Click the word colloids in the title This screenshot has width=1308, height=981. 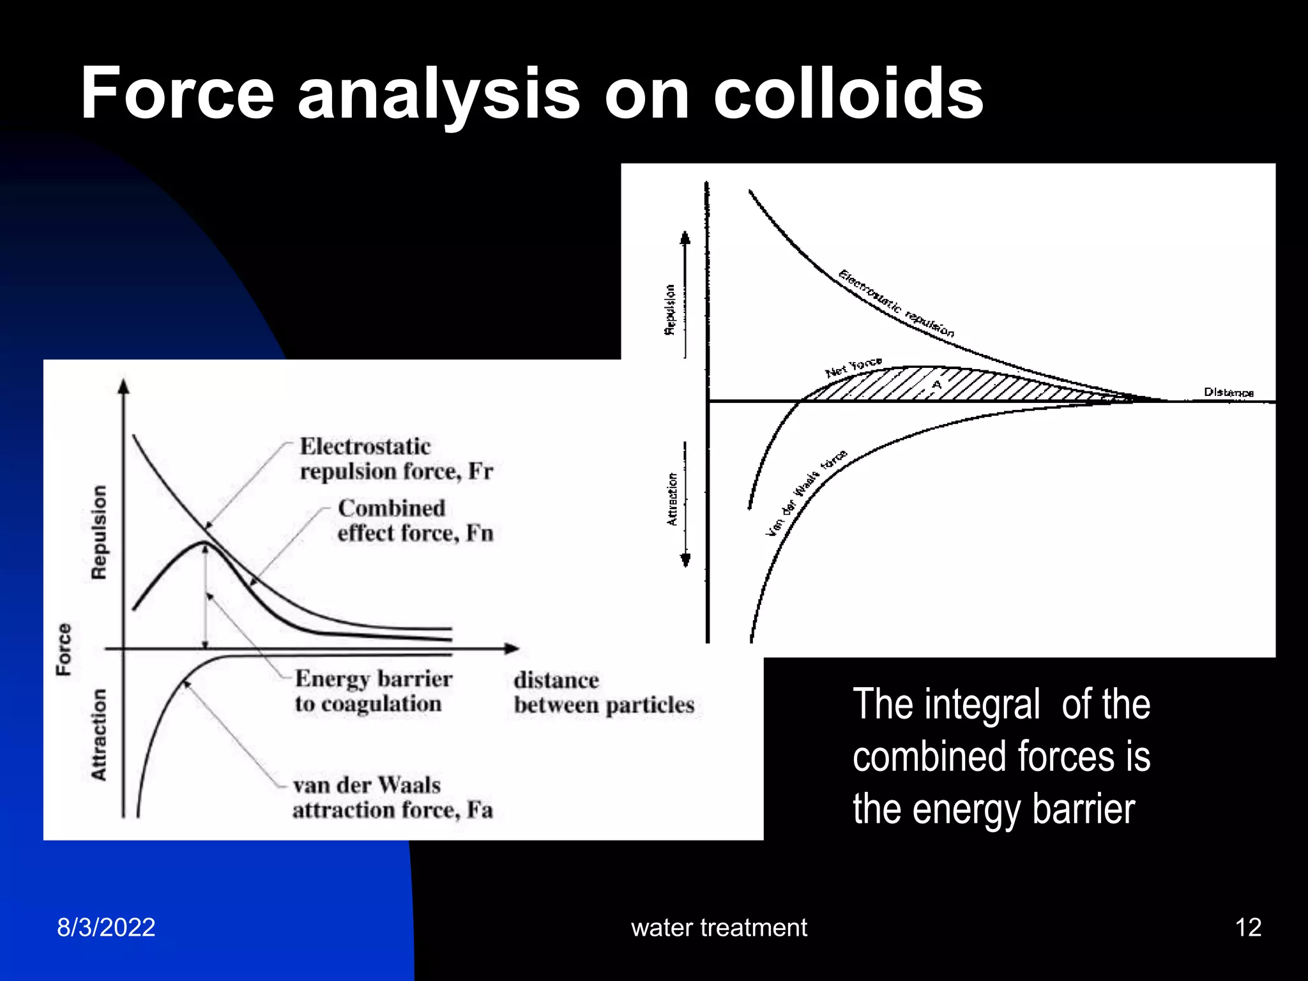(x=848, y=94)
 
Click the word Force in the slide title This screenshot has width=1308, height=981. (x=178, y=94)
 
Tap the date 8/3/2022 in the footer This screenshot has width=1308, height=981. (x=106, y=927)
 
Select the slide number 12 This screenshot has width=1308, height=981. (x=1248, y=927)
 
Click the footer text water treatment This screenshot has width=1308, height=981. (x=719, y=927)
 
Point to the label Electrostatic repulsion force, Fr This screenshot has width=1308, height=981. (x=396, y=459)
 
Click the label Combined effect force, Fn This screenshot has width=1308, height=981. (x=415, y=521)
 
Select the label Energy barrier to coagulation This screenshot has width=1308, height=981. (x=373, y=691)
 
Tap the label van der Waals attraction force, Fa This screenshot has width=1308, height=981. (x=392, y=797)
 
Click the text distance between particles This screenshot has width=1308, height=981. (x=603, y=693)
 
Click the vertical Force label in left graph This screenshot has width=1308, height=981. (x=64, y=650)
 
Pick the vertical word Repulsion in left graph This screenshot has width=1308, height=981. (x=99, y=532)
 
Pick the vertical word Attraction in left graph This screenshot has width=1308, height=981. (x=99, y=734)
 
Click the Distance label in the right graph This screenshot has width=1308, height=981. (x=1228, y=392)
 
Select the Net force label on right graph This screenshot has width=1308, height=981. (x=853, y=367)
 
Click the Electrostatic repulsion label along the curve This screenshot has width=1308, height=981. (x=896, y=304)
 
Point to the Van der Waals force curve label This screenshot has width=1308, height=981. (x=806, y=492)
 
